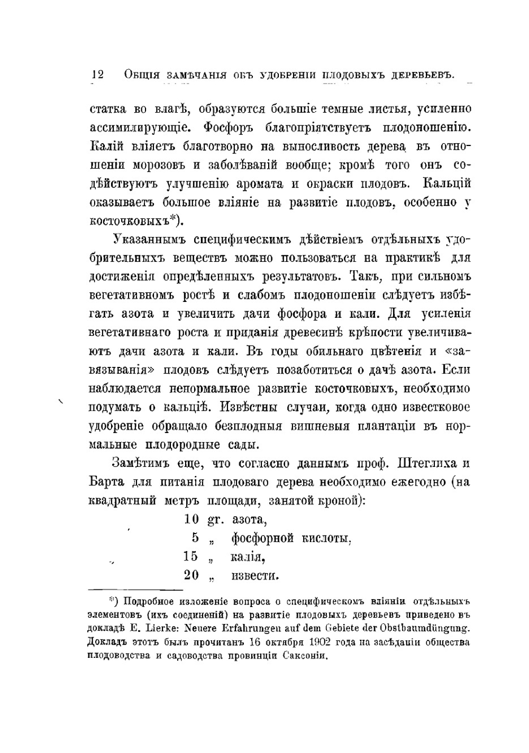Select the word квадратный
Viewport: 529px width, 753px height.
pyautogui.click(x=122, y=501)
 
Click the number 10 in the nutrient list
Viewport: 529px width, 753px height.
pyautogui.click(x=191, y=519)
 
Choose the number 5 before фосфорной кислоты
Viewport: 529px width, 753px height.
pyautogui.click(x=195, y=538)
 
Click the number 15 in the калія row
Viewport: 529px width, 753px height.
pyautogui.click(x=191, y=556)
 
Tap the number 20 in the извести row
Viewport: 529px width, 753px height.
pyautogui.click(x=191, y=575)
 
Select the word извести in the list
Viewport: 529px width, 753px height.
pyautogui.click(x=255, y=575)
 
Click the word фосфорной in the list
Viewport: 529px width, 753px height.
pyautogui.click(x=262, y=538)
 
